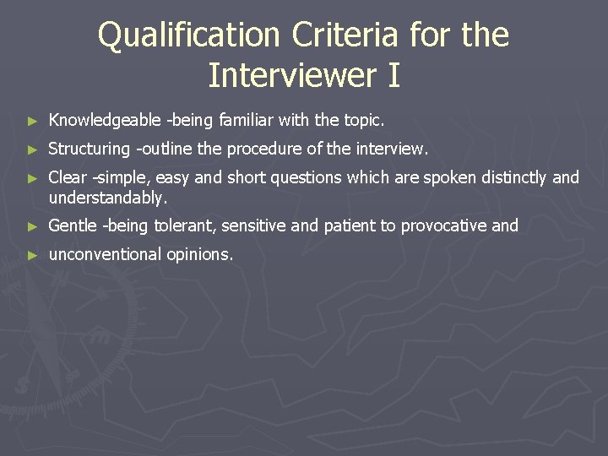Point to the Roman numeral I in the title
[393, 75]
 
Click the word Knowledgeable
[104, 121]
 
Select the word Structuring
[89, 149]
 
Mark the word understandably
[108, 198]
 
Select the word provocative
[442, 225]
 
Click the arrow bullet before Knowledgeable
[32, 122]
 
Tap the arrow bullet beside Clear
[32, 178]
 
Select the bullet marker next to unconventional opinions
[32, 255]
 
